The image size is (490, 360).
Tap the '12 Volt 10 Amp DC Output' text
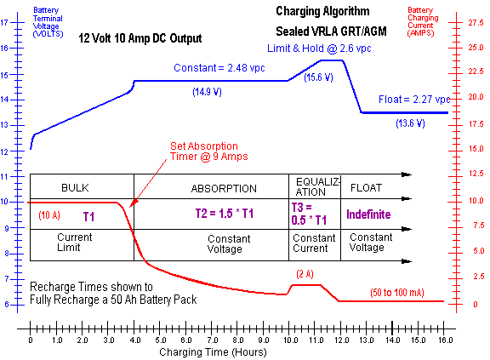(140, 39)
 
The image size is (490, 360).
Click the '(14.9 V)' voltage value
(209, 91)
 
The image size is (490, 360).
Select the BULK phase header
(76, 187)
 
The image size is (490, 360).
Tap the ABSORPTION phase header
(211, 187)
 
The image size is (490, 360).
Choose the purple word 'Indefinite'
(368, 214)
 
